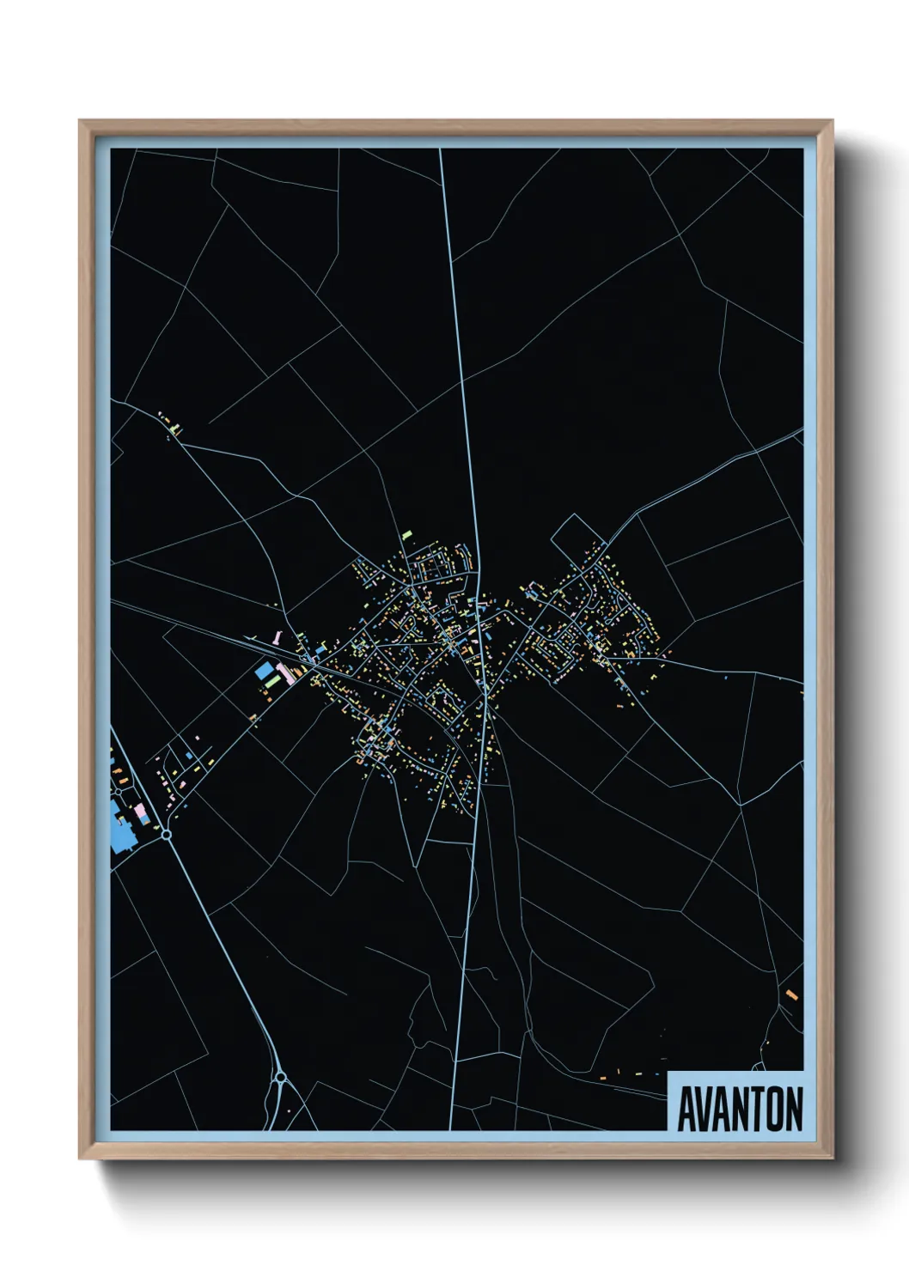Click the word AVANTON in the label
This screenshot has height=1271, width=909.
click(x=740, y=1110)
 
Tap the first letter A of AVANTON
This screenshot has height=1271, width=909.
click(x=688, y=1110)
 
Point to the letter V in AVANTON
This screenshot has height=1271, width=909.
click(x=706, y=1110)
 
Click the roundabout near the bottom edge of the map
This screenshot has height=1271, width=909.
click(x=280, y=1075)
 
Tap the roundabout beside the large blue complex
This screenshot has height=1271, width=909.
click(x=166, y=834)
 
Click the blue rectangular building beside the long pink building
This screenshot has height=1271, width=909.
click(x=263, y=672)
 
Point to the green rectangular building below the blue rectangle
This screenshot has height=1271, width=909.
click(x=272, y=683)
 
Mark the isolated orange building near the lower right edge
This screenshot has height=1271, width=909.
click(x=791, y=995)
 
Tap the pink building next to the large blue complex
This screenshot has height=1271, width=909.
click(x=139, y=811)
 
